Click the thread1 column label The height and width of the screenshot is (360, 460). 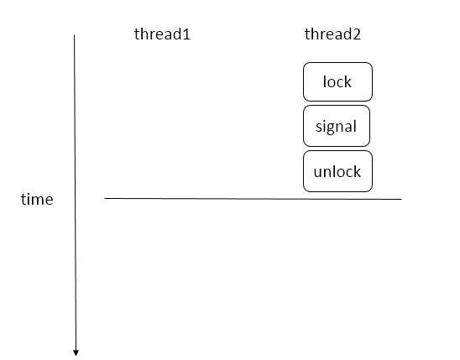pos(162,34)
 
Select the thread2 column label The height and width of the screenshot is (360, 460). pos(332,34)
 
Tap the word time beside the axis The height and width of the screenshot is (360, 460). pos(37,200)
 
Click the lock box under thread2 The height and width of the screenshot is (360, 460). pos(337,81)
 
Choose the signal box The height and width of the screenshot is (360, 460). pos(337,126)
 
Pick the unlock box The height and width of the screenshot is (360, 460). pos(337,171)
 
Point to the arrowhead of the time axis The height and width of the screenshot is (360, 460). pos(76,353)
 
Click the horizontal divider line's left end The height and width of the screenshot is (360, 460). pos(105,199)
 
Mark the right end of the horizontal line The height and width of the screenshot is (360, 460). pos(401,200)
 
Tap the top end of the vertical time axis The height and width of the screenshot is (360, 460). pos(74,35)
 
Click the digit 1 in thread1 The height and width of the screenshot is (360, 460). pos(186,34)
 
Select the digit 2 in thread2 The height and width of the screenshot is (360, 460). pos(357,34)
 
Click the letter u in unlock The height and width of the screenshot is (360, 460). pos(317,172)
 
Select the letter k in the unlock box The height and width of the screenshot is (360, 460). pos(357,171)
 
